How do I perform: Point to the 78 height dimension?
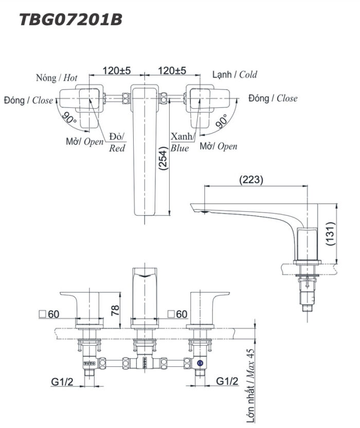point(115,309)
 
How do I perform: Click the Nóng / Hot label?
point(57,78)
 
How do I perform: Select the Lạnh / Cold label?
point(235,75)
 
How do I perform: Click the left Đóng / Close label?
point(28,100)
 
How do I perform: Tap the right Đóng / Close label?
point(273,98)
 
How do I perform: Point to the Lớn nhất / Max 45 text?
point(250,385)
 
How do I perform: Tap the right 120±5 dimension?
point(172,70)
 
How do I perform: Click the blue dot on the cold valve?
point(200,362)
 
